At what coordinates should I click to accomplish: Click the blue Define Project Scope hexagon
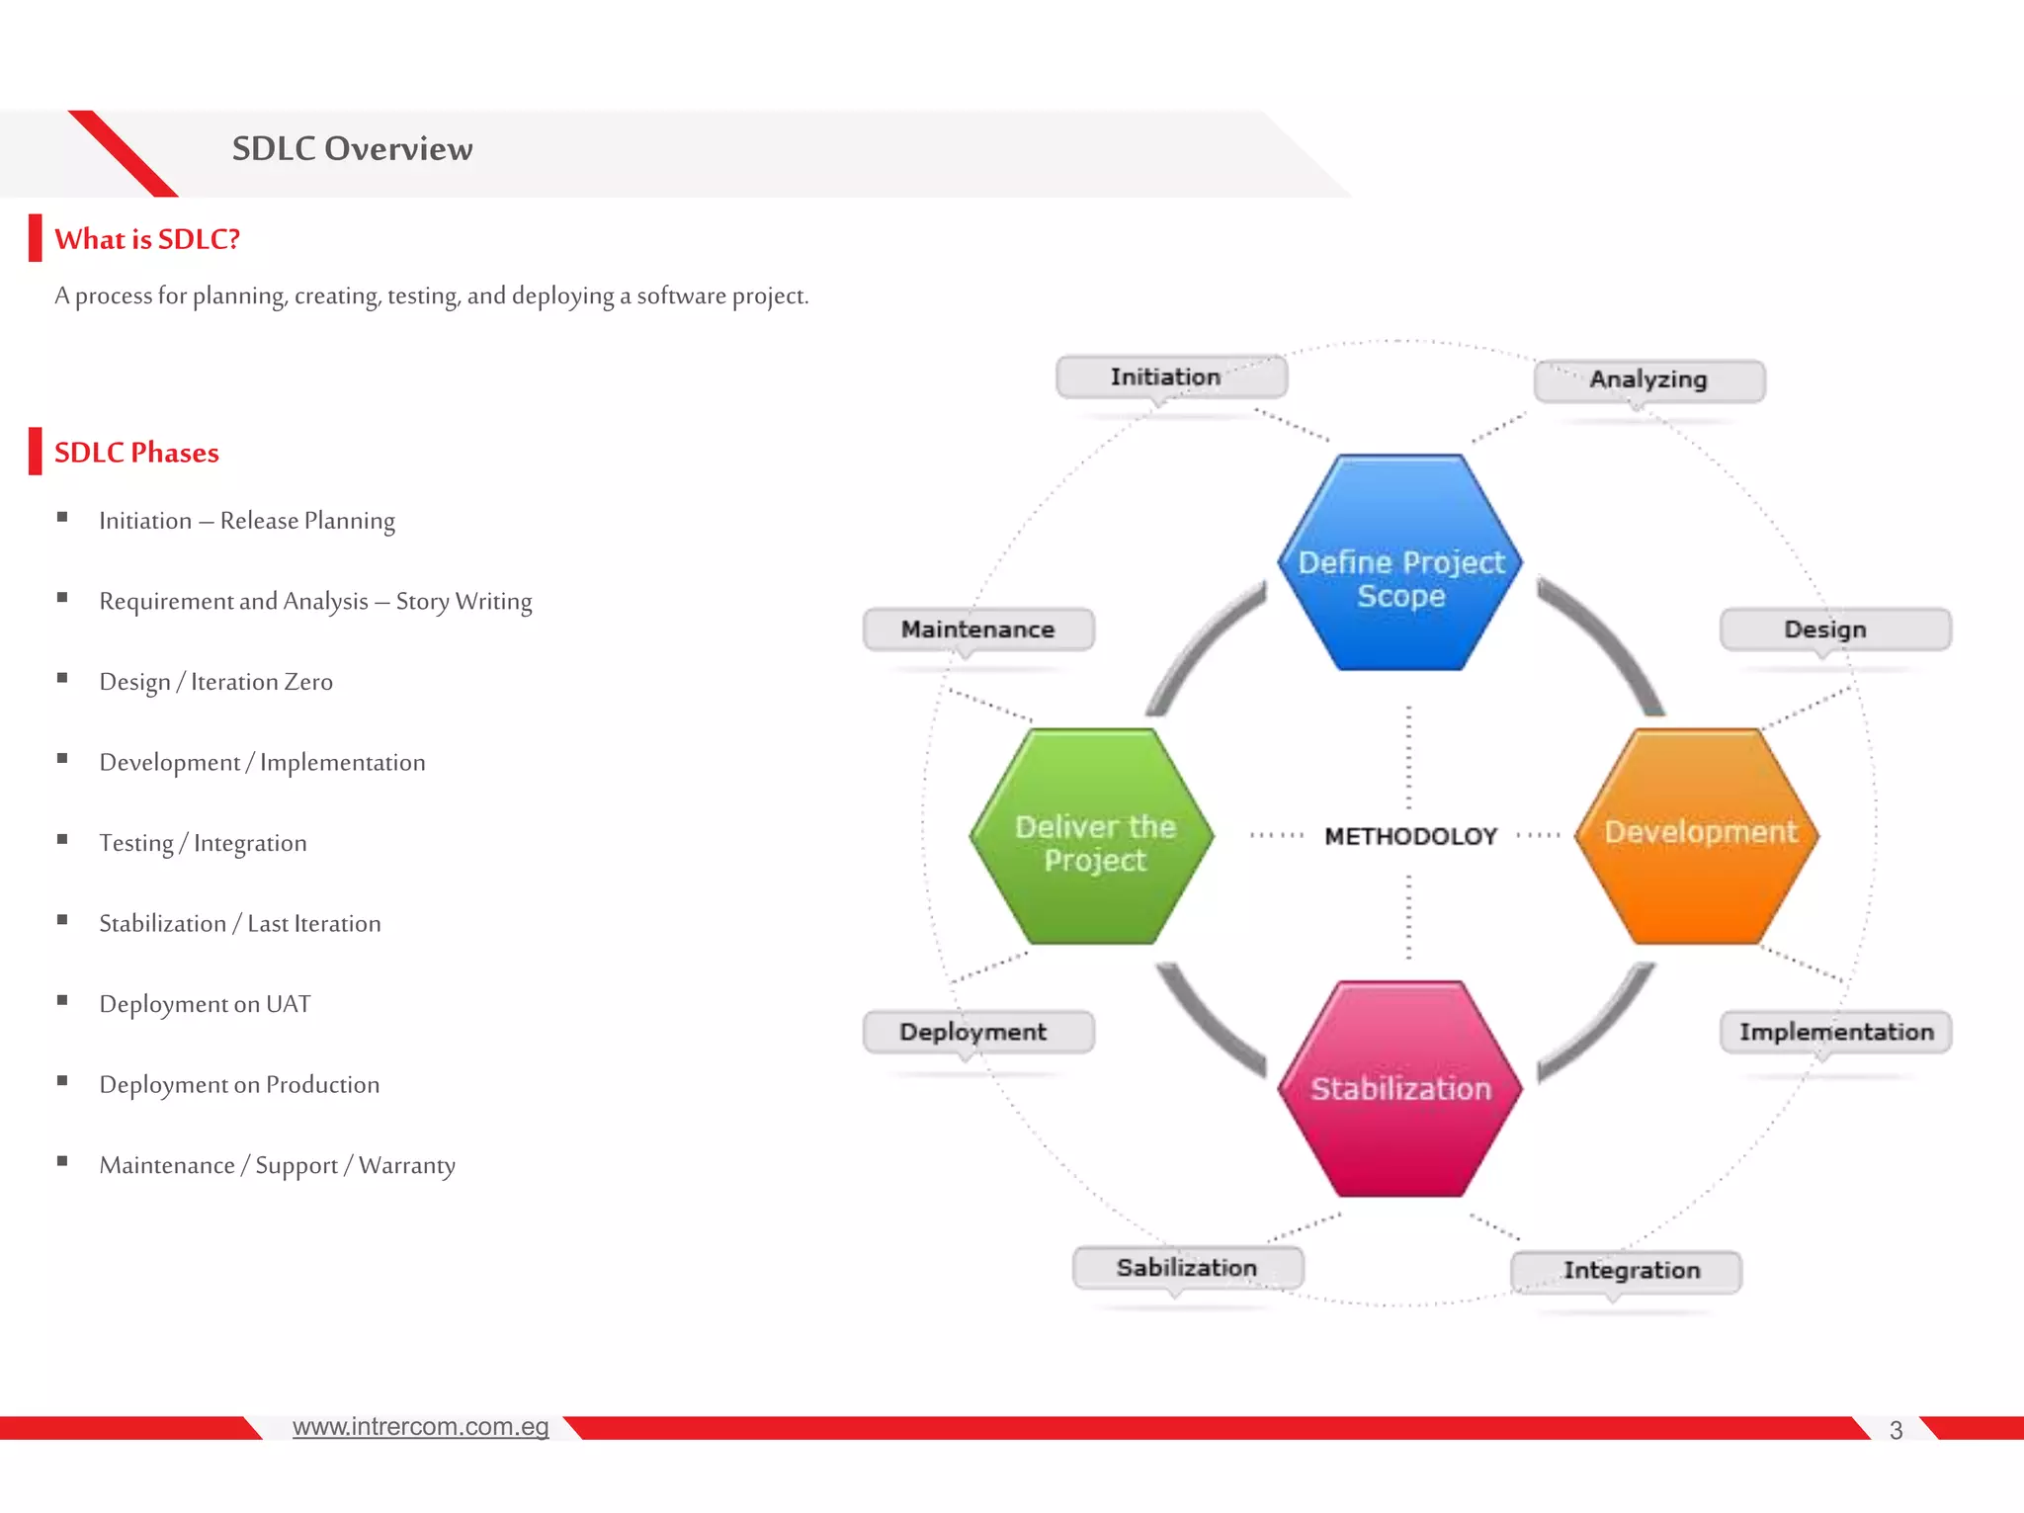1399,563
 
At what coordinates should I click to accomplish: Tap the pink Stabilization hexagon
1399,1088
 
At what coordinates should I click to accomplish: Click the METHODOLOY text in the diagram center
1410,836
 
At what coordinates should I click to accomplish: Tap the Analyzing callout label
1648,380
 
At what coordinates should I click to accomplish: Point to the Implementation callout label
1835,1032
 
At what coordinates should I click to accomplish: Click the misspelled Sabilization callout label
1187,1268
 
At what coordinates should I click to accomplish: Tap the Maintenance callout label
977,630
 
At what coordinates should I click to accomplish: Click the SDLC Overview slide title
352,149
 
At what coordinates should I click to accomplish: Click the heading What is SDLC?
147,239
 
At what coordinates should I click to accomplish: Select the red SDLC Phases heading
136,453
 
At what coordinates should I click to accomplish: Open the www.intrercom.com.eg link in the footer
420,1426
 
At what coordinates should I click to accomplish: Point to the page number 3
1895,1430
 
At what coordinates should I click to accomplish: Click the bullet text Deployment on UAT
205,1004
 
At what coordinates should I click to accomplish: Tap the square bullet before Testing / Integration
62,840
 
